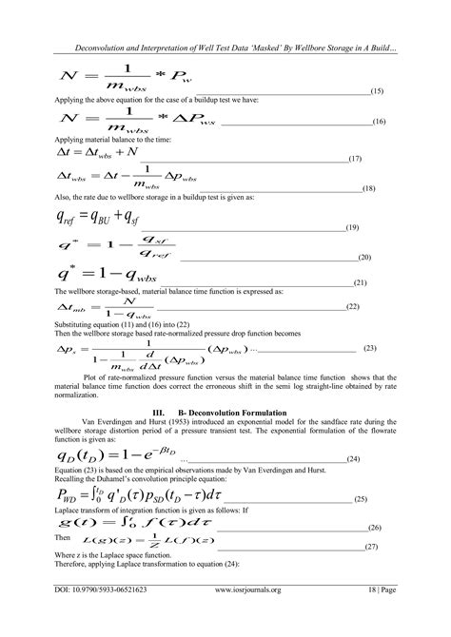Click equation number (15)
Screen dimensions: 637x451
pos(376,91)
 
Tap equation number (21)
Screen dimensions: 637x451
pos(362,283)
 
